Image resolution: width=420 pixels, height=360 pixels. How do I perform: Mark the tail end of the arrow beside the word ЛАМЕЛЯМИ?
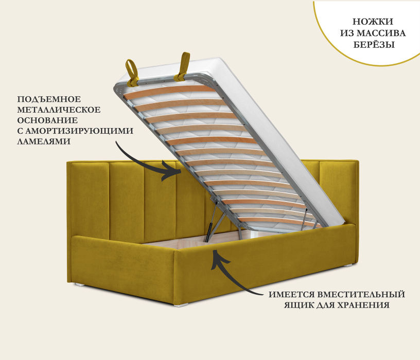pyautogui.click(x=116, y=141)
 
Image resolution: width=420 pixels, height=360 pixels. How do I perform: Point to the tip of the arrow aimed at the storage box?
pyautogui.click(x=214, y=250)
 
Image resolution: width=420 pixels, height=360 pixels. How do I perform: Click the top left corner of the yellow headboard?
pyautogui.click(x=67, y=161)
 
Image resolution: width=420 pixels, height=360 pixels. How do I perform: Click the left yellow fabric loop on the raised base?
pyautogui.click(x=132, y=73)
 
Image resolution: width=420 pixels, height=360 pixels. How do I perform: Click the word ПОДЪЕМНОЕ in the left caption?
pyautogui.click(x=49, y=99)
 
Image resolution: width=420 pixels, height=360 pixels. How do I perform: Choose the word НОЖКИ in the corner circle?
pyautogui.click(x=373, y=22)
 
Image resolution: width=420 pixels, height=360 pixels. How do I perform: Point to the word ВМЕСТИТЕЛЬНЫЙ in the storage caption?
pyautogui.click(x=361, y=294)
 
